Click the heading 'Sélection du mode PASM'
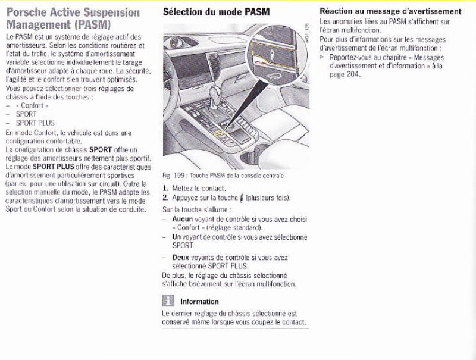[216, 12]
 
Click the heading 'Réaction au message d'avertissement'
[390, 11]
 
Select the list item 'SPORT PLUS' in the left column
[35, 123]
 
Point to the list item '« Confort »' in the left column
[32, 106]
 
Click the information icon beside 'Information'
[168, 300]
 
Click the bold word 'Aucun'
[183, 219]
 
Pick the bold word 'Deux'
[180, 258]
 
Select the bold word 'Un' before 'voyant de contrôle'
[176, 237]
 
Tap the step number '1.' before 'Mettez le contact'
[165, 189]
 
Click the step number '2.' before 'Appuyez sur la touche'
[165, 198]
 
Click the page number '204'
[353, 74]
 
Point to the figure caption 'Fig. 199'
[170, 176]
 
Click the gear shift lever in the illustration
[214, 96]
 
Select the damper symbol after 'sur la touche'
[242, 198]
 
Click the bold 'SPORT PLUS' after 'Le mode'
[54, 167]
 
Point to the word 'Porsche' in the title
[27, 12]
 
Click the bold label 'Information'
[199, 302]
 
